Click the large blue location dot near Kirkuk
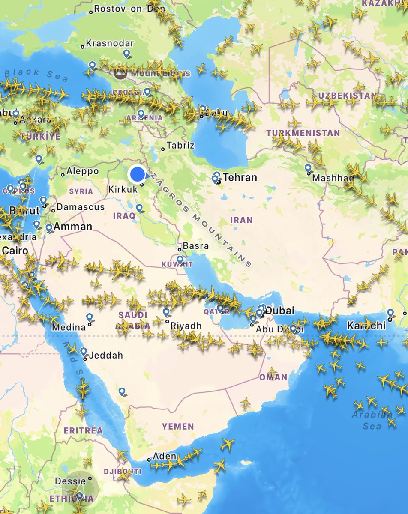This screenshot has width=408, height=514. click(x=137, y=174)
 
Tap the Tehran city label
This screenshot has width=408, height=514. click(x=240, y=177)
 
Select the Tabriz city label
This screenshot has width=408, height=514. click(x=180, y=146)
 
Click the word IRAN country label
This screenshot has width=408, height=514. click(x=241, y=220)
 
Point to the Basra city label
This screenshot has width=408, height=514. click(x=195, y=246)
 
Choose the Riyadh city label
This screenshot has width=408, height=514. click(x=186, y=326)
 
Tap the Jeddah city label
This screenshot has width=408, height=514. click(x=106, y=355)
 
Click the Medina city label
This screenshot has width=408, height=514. click(x=69, y=328)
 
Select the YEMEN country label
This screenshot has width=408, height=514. click(x=178, y=426)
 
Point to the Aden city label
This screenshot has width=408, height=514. click(x=164, y=456)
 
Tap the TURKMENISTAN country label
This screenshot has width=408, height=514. click(x=303, y=133)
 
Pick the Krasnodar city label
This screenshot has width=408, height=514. click(x=110, y=43)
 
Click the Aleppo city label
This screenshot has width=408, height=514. click(x=83, y=171)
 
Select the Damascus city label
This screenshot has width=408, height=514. click(x=81, y=207)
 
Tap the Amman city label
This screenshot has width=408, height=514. click(x=73, y=227)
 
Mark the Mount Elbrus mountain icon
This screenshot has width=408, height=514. click(x=121, y=74)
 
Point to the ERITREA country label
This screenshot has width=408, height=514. click(x=83, y=430)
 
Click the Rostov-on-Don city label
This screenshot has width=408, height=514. click(x=123, y=9)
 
